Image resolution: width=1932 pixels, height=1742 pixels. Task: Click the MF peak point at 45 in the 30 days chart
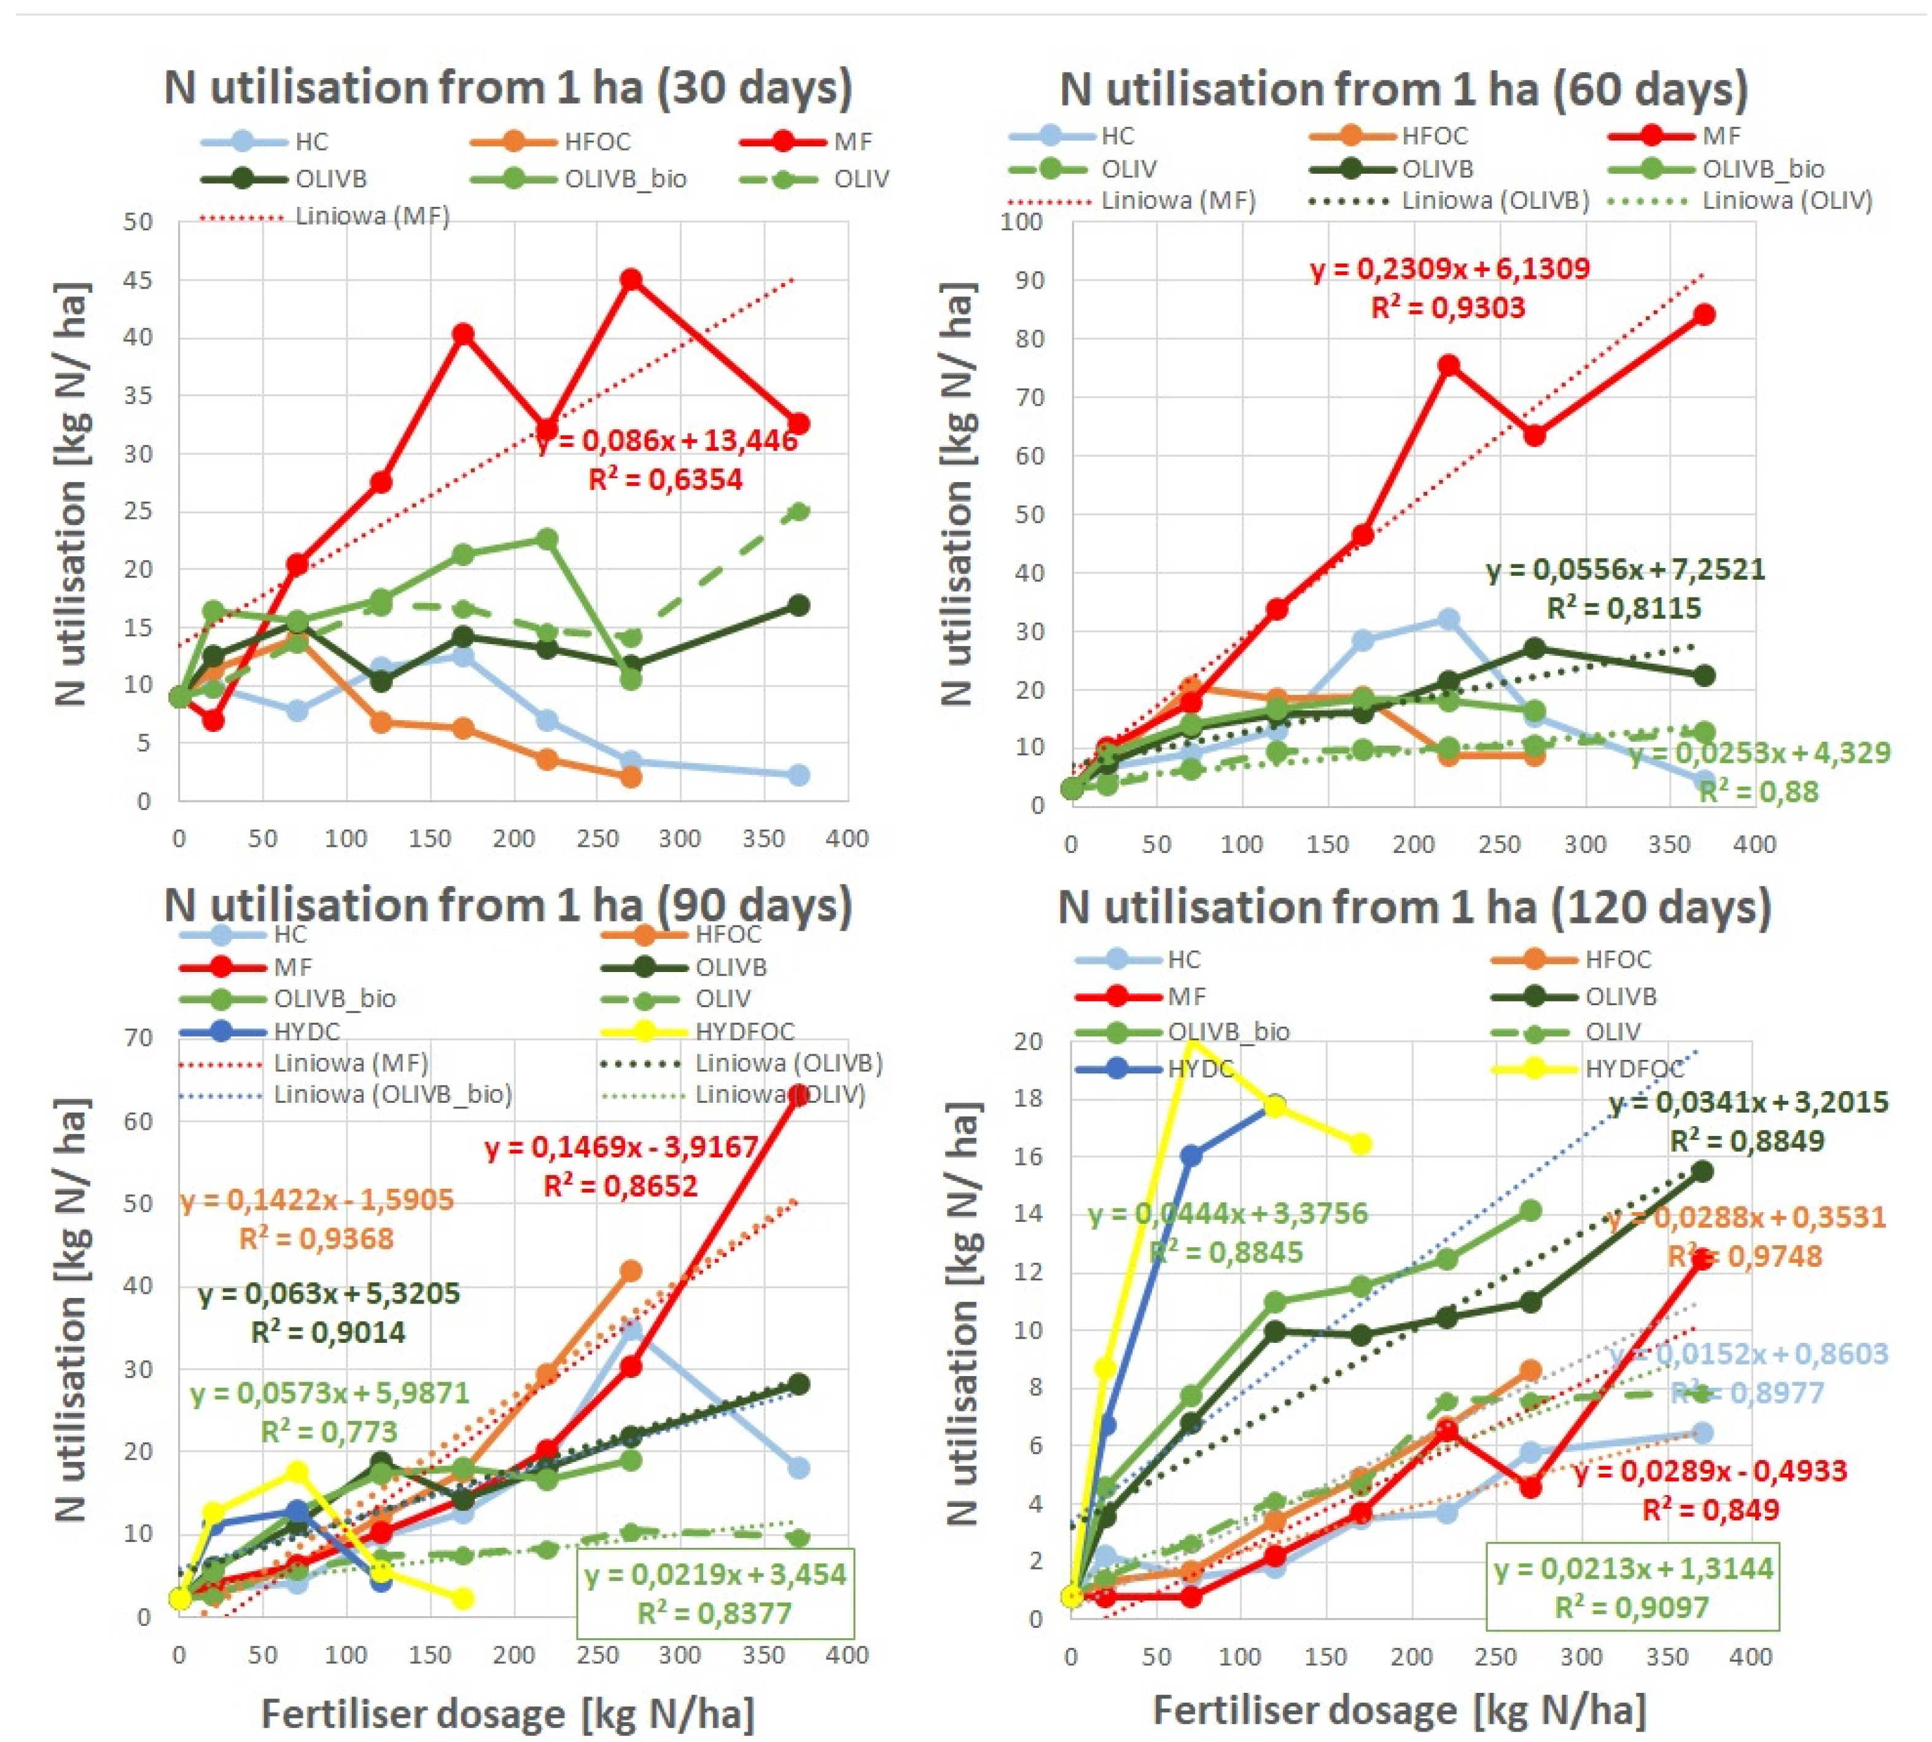coord(630,279)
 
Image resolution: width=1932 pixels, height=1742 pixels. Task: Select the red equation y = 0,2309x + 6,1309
coord(1449,269)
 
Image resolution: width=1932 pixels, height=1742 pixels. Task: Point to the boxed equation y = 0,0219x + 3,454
coord(715,1574)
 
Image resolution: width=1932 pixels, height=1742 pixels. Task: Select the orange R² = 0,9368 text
coord(316,1238)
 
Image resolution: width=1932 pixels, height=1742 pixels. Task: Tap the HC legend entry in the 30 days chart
coord(311,142)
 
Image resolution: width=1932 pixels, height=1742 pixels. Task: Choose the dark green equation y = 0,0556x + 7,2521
coord(1625,569)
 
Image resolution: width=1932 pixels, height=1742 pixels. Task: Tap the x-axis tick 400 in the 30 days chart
coord(846,839)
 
